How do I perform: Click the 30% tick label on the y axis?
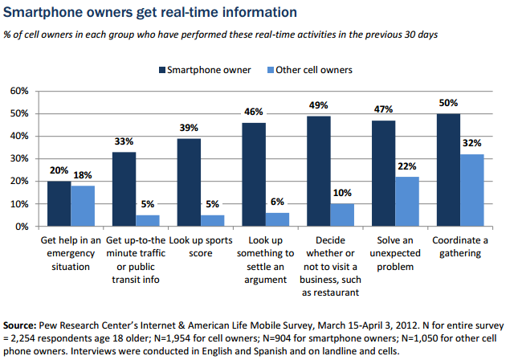[19, 158]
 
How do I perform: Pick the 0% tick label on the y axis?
[22, 227]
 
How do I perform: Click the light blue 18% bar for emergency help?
[84, 206]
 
